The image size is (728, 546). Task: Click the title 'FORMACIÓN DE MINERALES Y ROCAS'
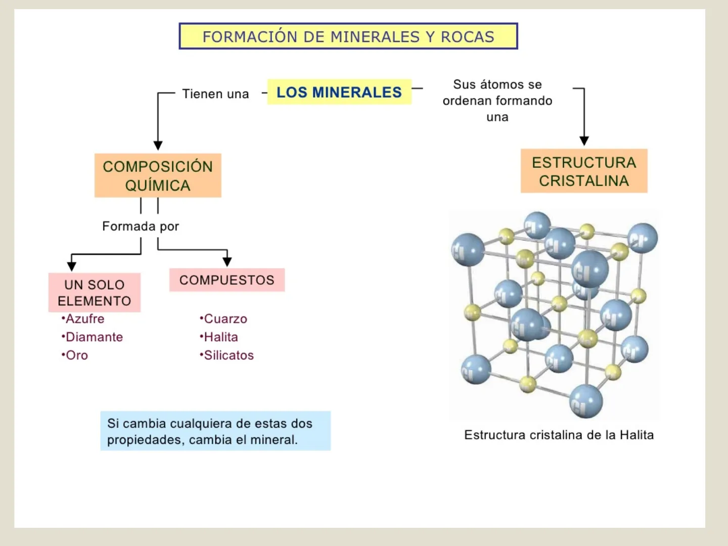pyautogui.click(x=348, y=36)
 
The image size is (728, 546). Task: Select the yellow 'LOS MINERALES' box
pyautogui.click(x=339, y=92)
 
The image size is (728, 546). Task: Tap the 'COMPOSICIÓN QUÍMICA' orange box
pyautogui.click(x=158, y=175)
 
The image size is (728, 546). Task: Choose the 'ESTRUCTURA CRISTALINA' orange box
pyautogui.click(x=584, y=171)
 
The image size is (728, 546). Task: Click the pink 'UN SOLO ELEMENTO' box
pyautogui.click(x=95, y=293)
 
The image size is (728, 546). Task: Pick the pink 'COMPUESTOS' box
pyautogui.click(x=227, y=280)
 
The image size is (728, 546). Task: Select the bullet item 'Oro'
pyautogui.click(x=76, y=355)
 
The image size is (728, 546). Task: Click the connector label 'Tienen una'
pyautogui.click(x=215, y=94)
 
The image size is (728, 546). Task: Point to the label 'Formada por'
pyautogui.click(x=141, y=226)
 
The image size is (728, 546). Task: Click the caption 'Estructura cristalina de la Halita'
pyautogui.click(x=559, y=435)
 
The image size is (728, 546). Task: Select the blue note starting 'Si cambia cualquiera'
pyautogui.click(x=215, y=431)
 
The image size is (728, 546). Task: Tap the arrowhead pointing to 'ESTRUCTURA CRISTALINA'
pyautogui.click(x=584, y=141)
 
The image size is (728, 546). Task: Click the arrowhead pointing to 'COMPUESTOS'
pyautogui.click(x=227, y=261)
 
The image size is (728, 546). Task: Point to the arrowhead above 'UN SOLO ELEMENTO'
pyautogui.click(x=72, y=266)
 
